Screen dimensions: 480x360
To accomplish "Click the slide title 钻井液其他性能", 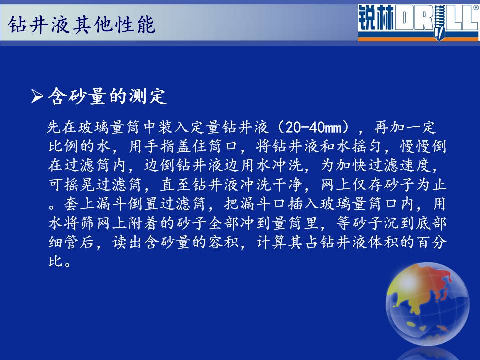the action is click(81, 24).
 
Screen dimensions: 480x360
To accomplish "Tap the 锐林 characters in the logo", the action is click(376, 18).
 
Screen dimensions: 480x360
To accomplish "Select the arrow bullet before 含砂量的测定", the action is click(37, 96).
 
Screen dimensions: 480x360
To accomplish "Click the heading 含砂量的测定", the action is click(107, 96).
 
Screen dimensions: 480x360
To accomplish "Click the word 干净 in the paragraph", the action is click(288, 185).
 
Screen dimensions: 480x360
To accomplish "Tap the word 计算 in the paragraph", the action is click(271, 242).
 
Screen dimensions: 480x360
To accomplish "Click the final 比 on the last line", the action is click(56, 261).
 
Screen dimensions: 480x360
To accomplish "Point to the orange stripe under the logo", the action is click(419, 39).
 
